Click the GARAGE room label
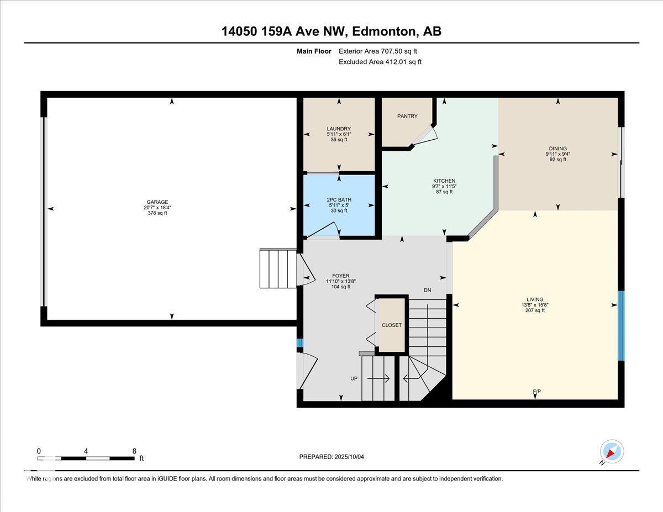click(157, 202)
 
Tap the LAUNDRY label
click(339, 129)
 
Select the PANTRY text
click(407, 116)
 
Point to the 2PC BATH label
click(339, 200)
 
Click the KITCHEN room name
click(444, 181)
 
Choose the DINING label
click(557, 149)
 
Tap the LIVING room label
click(535, 299)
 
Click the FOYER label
click(341, 276)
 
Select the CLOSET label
click(392, 325)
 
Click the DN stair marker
click(428, 290)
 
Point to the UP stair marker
click(354, 378)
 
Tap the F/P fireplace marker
click(536, 392)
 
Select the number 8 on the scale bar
click(134, 451)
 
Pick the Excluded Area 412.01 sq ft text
click(380, 62)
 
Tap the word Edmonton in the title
click(385, 31)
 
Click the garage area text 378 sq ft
click(157, 213)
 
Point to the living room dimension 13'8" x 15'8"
click(535, 305)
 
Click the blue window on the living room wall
click(621, 326)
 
